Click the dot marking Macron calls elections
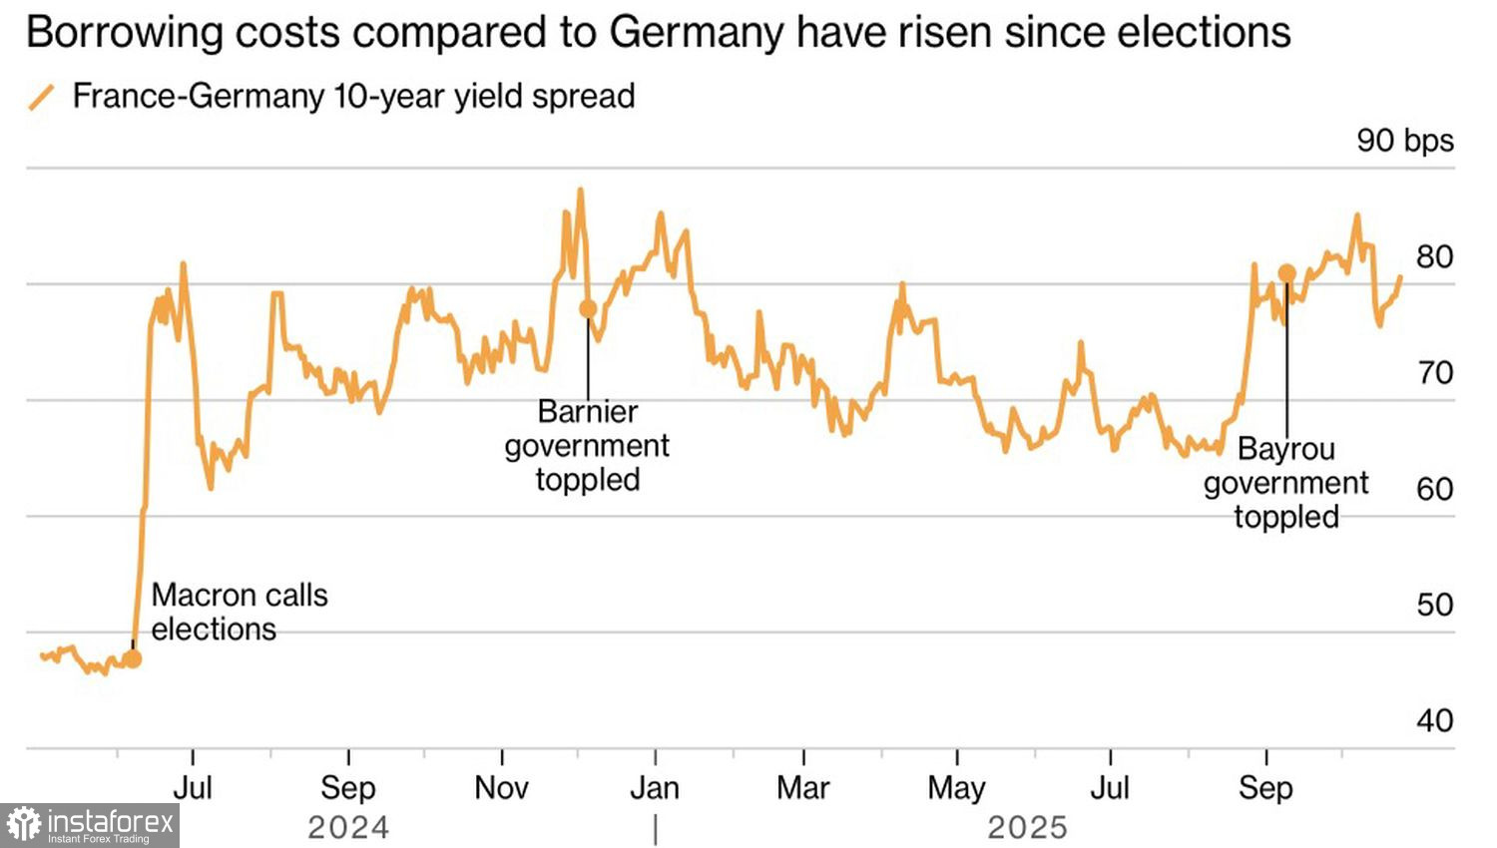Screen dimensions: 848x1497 (x=133, y=658)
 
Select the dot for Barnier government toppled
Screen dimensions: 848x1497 (x=588, y=309)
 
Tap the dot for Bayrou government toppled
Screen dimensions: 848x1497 (x=1286, y=273)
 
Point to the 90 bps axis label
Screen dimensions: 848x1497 (x=1404, y=141)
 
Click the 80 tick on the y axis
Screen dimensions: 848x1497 (x=1434, y=257)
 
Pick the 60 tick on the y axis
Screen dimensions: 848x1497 (x=1434, y=489)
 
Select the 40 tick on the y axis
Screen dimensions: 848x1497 (x=1434, y=720)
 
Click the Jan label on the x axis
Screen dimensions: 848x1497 (x=655, y=788)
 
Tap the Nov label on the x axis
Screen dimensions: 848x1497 (x=501, y=788)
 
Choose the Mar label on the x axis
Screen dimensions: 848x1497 (x=803, y=788)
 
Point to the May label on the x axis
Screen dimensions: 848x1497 (x=956, y=788)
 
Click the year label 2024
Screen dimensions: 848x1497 (x=348, y=828)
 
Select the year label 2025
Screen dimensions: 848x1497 (x=1027, y=828)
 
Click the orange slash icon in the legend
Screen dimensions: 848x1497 (x=41, y=98)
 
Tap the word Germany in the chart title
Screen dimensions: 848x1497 (x=697, y=33)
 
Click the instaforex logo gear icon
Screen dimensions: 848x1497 (x=23, y=825)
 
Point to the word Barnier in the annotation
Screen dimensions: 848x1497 (x=587, y=411)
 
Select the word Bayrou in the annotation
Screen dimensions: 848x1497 (x=1285, y=449)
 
